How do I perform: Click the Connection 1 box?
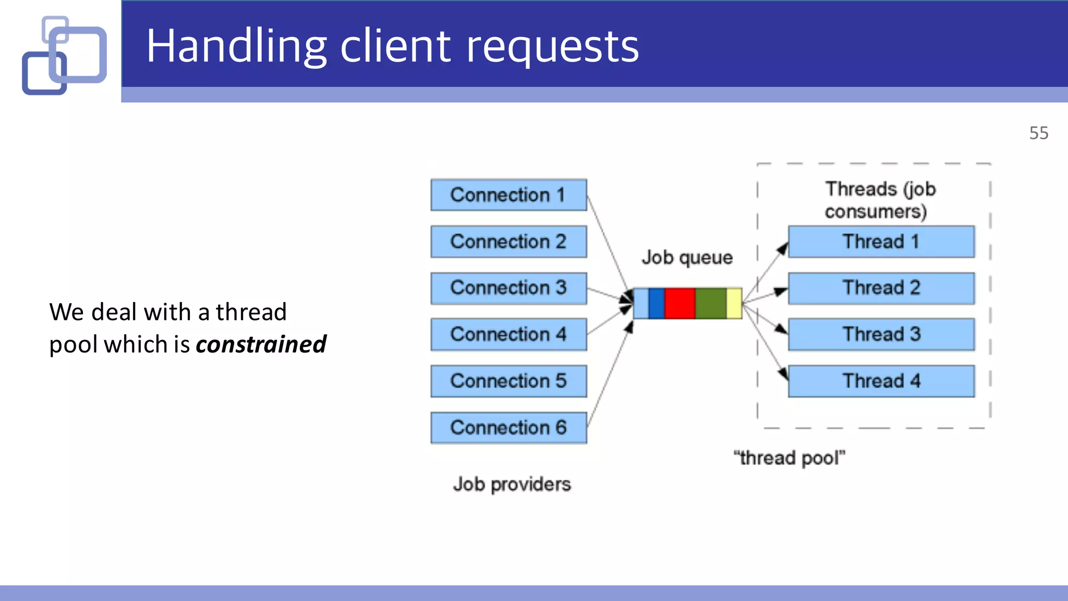(508, 195)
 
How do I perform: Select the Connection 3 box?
(508, 288)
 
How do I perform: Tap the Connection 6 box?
(508, 428)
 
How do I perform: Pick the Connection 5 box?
(508, 381)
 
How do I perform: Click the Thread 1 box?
(881, 242)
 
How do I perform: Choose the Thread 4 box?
(881, 381)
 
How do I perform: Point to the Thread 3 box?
(881, 334)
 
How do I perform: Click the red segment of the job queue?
(679, 303)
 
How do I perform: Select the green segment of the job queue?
(710, 303)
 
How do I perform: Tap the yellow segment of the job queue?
(734, 303)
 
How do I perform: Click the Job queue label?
(687, 258)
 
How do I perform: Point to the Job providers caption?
(512, 484)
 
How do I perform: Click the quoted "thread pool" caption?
(789, 458)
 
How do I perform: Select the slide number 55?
(1038, 133)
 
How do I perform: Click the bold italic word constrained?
(261, 344)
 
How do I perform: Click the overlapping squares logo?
(65, 55)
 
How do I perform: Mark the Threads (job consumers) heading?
(880, 200)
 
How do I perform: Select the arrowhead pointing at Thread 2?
(780, 291)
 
